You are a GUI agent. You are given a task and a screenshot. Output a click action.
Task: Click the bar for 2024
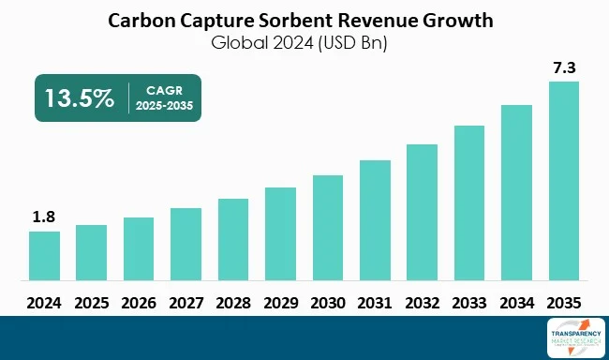[x=44, y=255]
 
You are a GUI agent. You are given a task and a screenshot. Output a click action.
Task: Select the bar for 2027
[x=186, y=244]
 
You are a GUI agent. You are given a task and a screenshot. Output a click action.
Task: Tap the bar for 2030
[x=328, y=227]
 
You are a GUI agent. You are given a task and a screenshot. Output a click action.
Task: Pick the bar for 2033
[x=469, y=202]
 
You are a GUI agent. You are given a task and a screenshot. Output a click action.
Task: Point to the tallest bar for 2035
[x=564, y=180]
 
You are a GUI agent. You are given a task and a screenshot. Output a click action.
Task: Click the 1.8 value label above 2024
[x=44, y=217]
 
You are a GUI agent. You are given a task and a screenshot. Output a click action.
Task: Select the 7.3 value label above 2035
[x=564, y=67]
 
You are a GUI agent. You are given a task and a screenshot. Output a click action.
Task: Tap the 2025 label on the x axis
[x=91, y=303]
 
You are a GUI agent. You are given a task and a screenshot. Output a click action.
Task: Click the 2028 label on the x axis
[x=233, y=303]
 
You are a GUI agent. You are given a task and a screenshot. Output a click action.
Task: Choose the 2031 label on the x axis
[x=375, y=303]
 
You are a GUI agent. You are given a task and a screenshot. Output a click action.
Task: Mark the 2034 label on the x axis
[x=517, y=303]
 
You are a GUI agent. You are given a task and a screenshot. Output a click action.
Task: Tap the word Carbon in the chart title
[x=141, y=20]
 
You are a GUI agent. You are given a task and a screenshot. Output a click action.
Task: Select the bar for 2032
[x=423, y=212]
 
